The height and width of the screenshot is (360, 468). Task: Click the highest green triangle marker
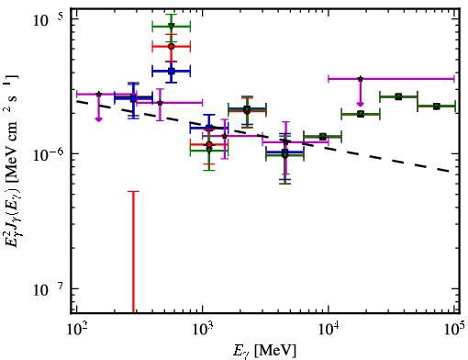click(172, 26)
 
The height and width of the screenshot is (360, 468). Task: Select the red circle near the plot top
click(172, 47)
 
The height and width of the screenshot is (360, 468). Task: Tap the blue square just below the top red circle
click(172, 72)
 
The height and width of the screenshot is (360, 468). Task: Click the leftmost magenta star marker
click(98, 94)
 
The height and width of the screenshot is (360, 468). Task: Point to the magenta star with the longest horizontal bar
click(361, 79)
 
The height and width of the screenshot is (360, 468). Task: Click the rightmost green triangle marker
click(437, 107)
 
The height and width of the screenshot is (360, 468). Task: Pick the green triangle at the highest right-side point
click(398, 97)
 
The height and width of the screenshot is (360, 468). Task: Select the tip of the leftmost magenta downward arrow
click(98, 121)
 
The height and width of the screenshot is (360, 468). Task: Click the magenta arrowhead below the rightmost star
click(361, 104)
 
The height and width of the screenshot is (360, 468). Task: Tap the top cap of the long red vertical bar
click(133, 191)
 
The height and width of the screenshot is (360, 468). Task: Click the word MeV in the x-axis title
click(275, 350)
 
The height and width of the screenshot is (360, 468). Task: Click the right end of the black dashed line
click(449, 171)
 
